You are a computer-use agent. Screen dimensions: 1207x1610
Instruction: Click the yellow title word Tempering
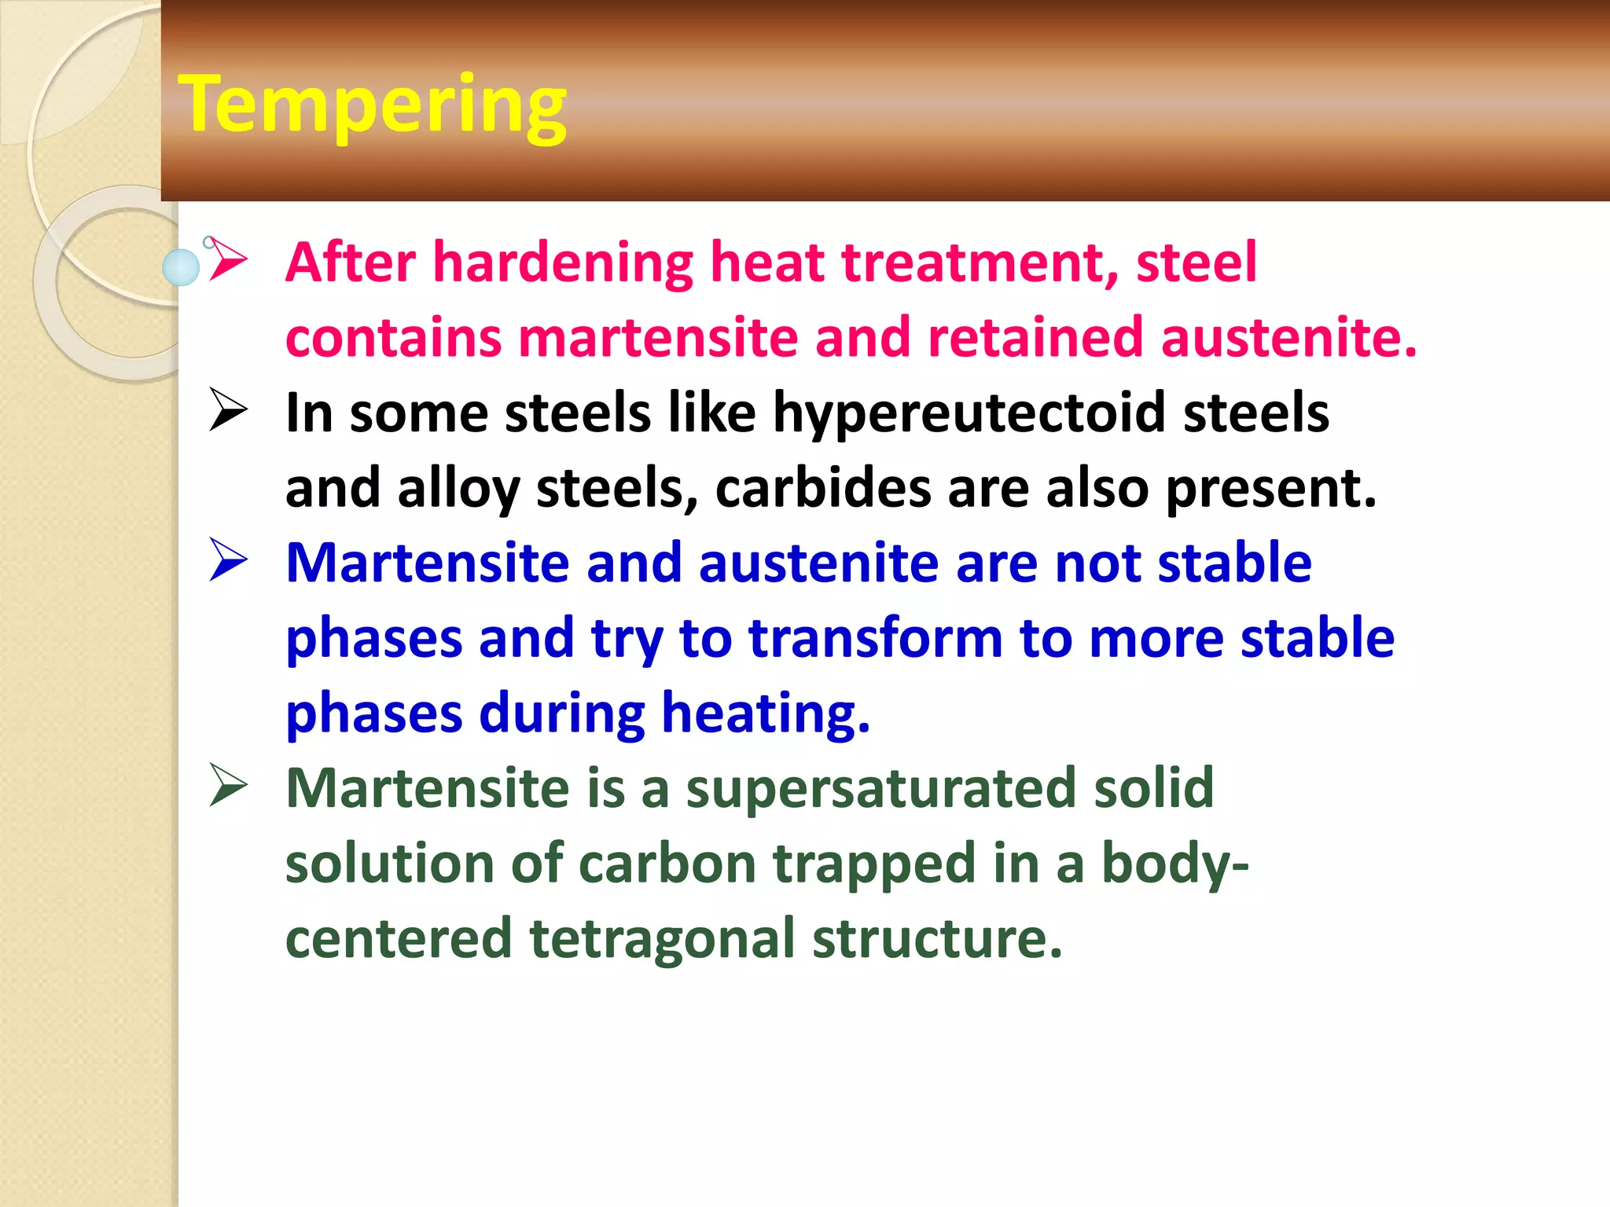click(x=372, y=105)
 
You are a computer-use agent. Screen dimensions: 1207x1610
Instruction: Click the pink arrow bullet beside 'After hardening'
click(x=228, y=260)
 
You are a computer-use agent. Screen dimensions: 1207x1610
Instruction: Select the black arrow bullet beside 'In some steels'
click(x=228, y=411)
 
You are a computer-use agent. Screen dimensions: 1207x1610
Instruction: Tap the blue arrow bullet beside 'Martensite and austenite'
click(x=228, y=561)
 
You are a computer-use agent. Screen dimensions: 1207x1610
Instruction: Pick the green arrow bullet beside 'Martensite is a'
click(x=228, y=787)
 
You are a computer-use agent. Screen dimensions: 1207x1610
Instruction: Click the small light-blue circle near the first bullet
click(x=181, y=267)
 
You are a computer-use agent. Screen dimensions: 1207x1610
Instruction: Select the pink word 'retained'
click(x=1035, y=337)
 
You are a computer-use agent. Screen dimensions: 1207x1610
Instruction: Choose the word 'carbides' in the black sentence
click(x=822, y=488)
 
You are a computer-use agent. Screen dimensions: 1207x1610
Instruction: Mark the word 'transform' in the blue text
click(x=875, y=637)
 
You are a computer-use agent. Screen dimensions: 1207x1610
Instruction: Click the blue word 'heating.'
click(x=766, y=714)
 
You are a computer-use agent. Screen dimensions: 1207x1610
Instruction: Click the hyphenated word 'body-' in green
click(x=1174, y=863)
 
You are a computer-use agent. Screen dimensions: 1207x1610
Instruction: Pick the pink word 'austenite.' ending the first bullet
click(x=1288, y=337)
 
